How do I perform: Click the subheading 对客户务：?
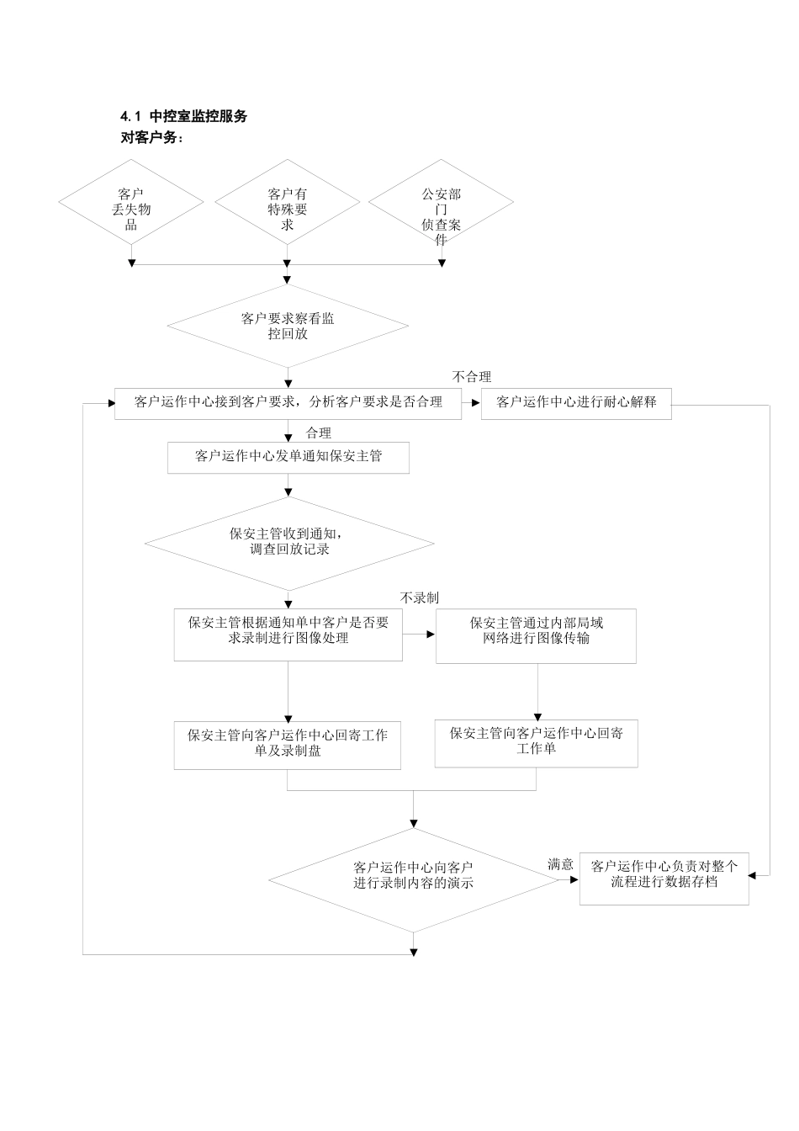pyautogui.click(x=151, y=137)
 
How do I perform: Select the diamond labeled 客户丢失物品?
pyautogui.click(x=131, y=209)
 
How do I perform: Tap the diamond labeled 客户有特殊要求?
pyautogui.click(x=288, y=209)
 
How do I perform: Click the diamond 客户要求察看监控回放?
pyautogui.click(x=288, y=326)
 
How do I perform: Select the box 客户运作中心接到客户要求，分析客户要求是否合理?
pyautogui.click(x=288, y=402)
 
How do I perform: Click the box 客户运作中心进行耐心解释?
pyautogui.click(x=576, y=402)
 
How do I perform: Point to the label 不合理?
pyautogui.click(x=471, y=377)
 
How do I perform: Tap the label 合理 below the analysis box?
pyautogui.click(x=319, y=433)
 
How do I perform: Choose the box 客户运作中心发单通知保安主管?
pyautogui.click(x=288, y=456)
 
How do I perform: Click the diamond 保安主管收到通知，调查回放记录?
pyautogui.click(x=288, y=541)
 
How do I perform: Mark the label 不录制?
pyautogui.click(x=419, y=597)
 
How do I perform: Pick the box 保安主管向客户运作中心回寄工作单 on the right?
pyautogui.click(x=536, y=741)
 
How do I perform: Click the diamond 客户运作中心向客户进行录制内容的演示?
pyautogui.click(x=413, y=875)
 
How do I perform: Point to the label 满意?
pyautogui.click(x=560, y=864)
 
